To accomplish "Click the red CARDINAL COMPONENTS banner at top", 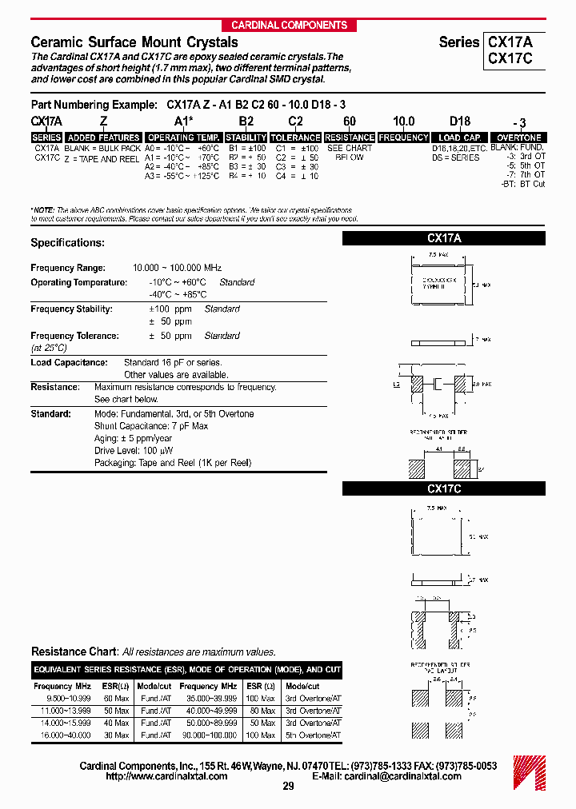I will (x=289, y=25).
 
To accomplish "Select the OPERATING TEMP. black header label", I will (x=184, y=137).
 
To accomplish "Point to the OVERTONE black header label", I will (x=519, y=137).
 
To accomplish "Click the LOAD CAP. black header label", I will (x=460, y=137).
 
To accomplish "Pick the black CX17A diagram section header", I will (x=444, y=238).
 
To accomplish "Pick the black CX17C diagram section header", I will (x=444, y=488).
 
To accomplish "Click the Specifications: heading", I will (x=67, y=242).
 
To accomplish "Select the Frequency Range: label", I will (x=67, y=269).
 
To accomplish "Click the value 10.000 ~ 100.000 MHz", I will (x=177, y=269).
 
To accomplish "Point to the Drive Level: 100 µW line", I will (x=134, y=451).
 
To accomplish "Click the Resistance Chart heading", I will (x=74, y=652).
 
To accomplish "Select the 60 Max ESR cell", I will (x=116, y=699).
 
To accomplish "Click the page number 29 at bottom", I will (x=288, y=787).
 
